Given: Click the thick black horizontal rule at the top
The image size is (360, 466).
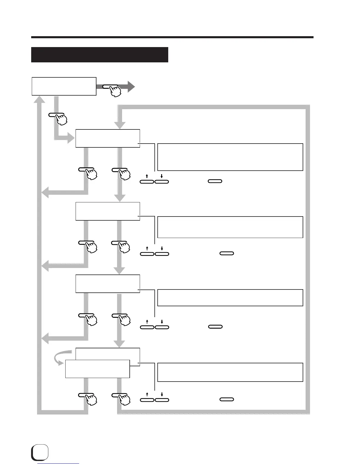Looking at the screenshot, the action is tap(172, 37).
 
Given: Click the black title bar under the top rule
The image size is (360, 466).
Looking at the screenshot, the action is tap(99, 55).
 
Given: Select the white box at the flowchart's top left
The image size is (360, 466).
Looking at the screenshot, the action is tap(64, 86).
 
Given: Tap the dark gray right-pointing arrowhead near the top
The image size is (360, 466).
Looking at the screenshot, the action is tap(131, 87).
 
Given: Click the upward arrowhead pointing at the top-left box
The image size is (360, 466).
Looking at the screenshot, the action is tap(39, 99).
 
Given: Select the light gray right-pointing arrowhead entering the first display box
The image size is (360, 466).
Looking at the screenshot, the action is tap(71, 138).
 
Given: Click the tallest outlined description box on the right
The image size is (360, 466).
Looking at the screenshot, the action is tap(230, 157).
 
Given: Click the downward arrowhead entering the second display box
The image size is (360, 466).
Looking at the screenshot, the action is tap(119, 198).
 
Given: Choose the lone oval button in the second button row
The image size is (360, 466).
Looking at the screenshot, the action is tap(227, 253).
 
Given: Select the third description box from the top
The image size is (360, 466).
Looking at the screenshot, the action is tap(230, 298).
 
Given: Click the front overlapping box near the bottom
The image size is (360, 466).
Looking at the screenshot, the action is tap(97, 369).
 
